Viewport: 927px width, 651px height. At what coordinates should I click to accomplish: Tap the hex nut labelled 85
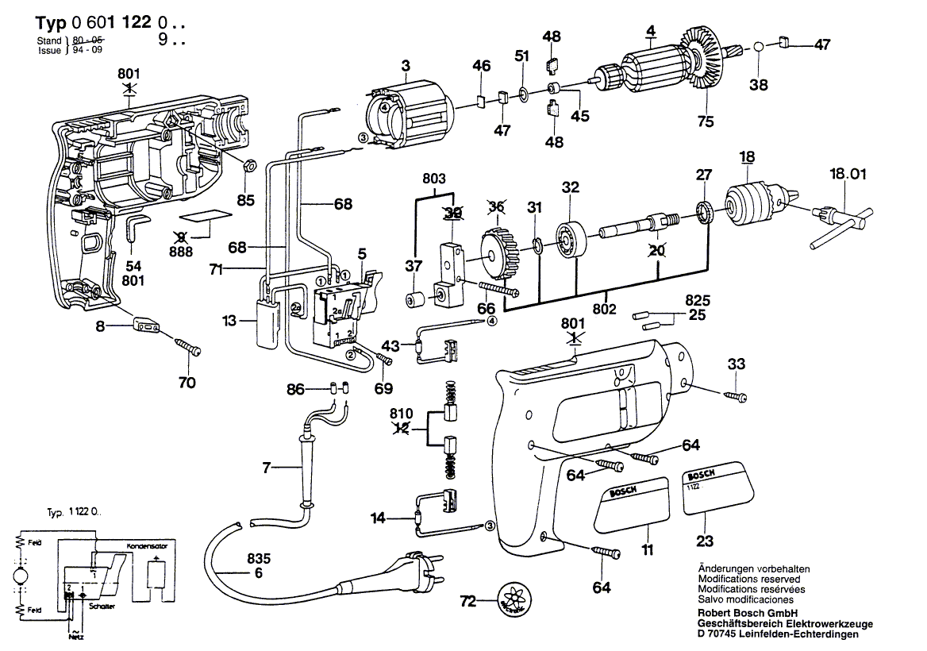click(x=247, y=166)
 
